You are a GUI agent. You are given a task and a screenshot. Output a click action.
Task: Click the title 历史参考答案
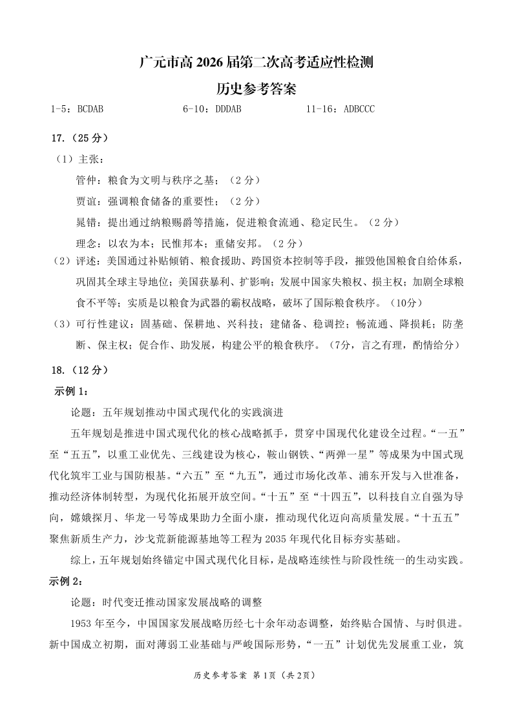[256, 87]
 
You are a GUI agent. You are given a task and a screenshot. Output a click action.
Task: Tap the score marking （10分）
[406, 302]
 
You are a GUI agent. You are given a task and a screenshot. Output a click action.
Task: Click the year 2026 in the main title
[207, 63]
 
